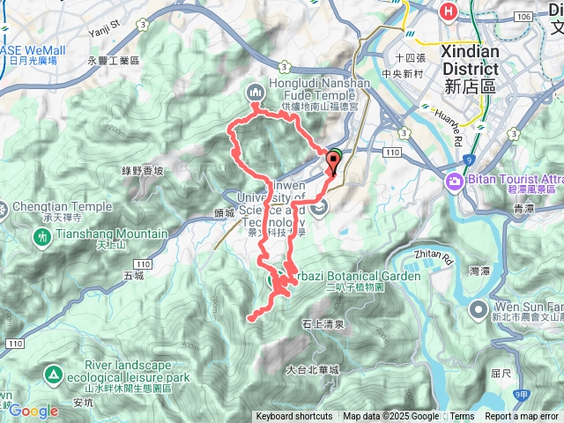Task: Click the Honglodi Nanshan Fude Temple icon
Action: click(255, 91)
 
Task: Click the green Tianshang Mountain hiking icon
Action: click(42, 238)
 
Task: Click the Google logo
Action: click(33, 411)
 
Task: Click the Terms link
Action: click(462, 417)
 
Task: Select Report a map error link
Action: click(522, 417)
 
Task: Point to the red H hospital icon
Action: click(449, 11)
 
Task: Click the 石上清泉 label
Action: click(323, 325)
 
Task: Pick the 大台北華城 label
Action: click(312, 370)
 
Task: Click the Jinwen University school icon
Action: click(319, 207)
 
